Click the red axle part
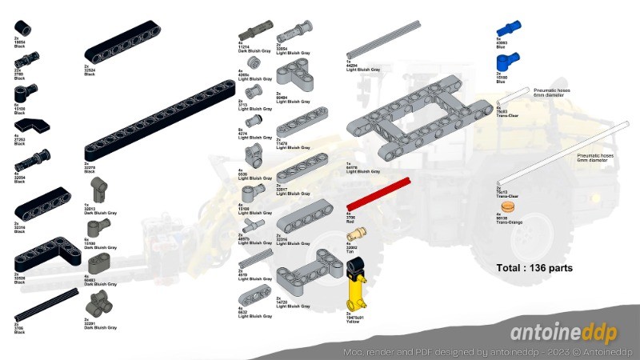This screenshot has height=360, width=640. pyautogui.click(x=376, y=196)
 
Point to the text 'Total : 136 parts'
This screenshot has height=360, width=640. pyautogui.click(x=534, y=268)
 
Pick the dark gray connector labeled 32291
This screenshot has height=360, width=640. pyautogui.click(x=102, y=303)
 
